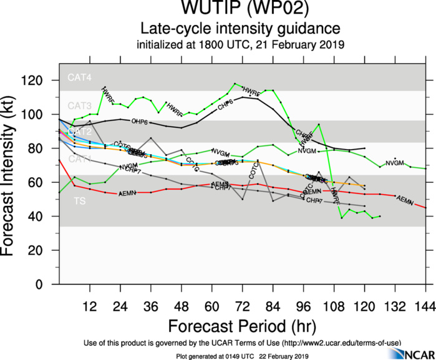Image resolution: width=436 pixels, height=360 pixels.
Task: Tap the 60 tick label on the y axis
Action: tap(46, 182)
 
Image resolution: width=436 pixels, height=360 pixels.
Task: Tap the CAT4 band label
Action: tap(80, 78)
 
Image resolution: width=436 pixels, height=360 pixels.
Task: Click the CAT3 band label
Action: tap(80, 105)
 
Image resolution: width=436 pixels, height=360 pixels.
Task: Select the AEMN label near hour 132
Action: tap(405, 201)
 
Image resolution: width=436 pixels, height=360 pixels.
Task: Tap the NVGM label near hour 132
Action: tap(395, 163)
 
